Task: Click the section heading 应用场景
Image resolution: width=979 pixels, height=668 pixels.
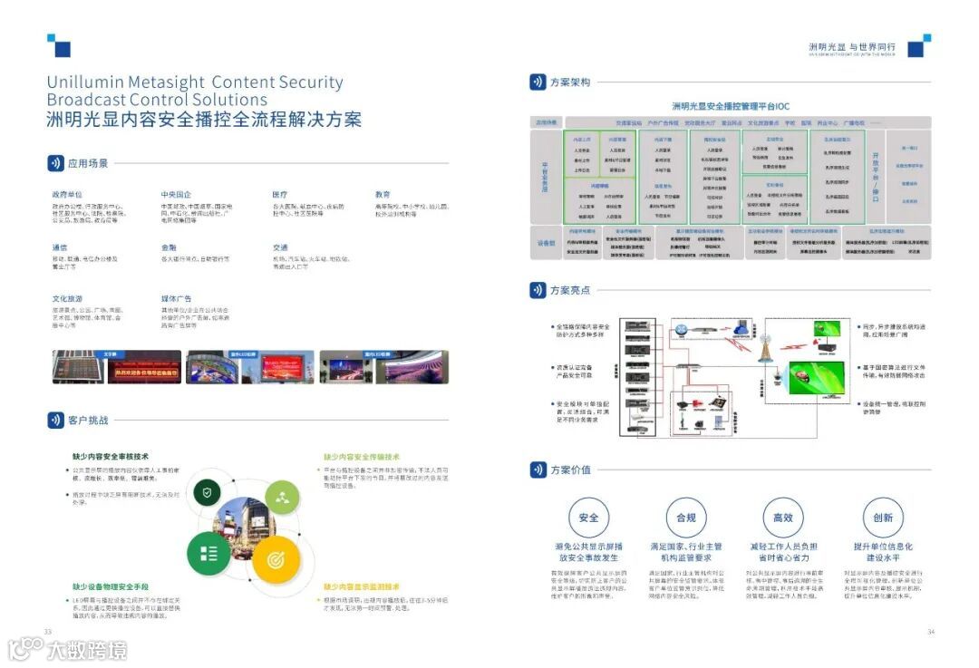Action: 88,164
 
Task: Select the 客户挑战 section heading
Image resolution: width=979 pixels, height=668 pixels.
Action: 88,421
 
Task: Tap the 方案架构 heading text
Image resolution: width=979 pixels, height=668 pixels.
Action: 570,82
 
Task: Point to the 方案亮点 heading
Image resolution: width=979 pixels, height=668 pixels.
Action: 570,290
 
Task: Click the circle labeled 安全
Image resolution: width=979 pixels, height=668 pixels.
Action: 588,518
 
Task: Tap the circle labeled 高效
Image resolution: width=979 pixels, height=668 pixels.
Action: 783,518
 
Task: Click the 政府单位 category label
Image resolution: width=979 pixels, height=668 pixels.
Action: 67,195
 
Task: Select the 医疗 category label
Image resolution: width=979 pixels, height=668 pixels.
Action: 279,195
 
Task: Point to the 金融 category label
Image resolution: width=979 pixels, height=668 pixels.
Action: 169,247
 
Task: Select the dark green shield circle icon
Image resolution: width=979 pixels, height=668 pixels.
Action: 208,493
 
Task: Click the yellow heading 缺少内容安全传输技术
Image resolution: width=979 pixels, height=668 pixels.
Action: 362,457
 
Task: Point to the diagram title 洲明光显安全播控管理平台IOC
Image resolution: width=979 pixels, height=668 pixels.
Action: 731,107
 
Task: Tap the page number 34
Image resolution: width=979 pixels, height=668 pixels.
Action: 930,632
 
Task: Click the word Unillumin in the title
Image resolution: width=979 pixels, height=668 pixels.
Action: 85,82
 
